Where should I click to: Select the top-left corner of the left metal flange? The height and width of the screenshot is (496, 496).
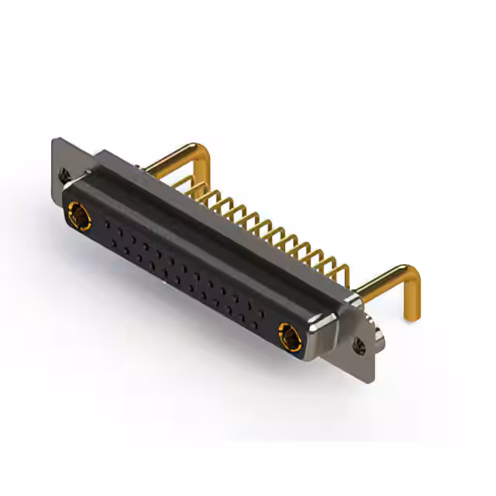click(x=53, y=140)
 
